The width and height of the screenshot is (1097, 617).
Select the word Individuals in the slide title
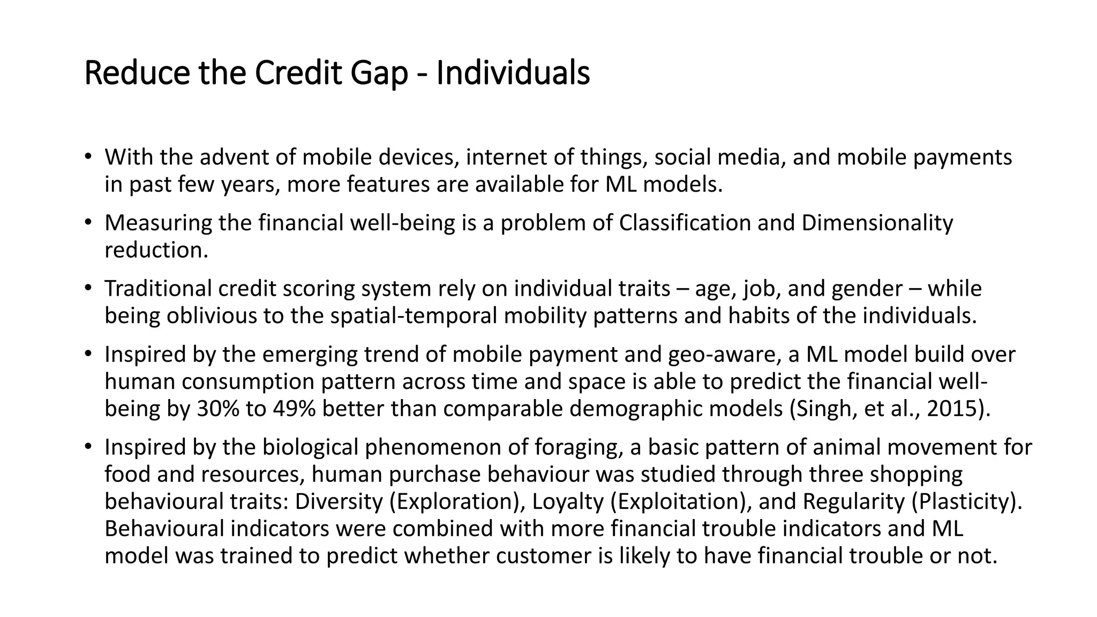coord(513,73)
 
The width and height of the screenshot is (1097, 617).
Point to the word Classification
coord(685,223)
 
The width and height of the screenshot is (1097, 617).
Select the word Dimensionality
coord(877,223)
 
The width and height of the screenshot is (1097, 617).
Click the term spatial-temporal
coord(414,316)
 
